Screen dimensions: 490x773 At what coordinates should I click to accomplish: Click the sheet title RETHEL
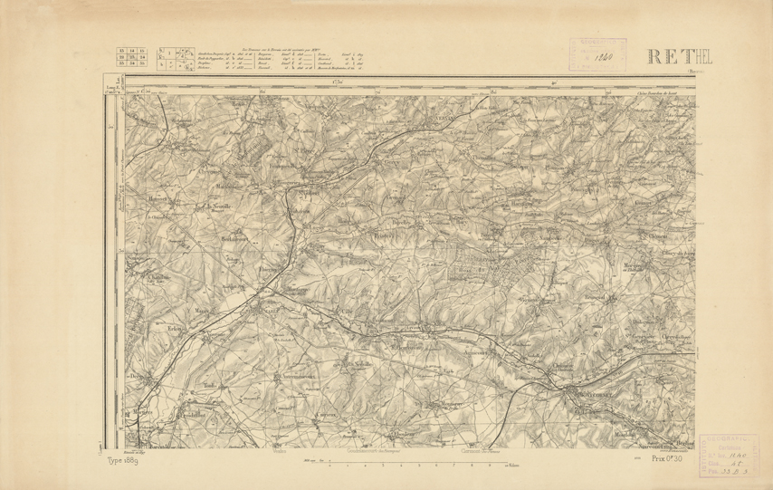pos(680,56)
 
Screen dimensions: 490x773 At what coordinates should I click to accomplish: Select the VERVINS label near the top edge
pos(443,118)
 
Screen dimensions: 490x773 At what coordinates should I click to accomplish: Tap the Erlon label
pos(176,327)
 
